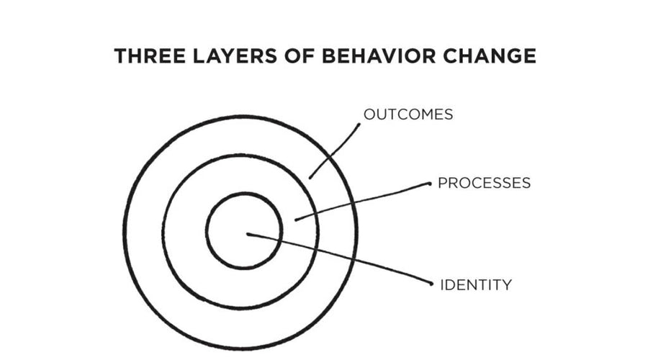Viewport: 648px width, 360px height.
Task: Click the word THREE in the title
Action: pos(148,57)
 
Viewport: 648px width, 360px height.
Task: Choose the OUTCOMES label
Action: pos(408,114)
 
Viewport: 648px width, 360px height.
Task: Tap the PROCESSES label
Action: pos(484,183)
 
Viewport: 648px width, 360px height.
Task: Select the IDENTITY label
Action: pos(476,285)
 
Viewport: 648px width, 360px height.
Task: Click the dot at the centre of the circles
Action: pos(248,234)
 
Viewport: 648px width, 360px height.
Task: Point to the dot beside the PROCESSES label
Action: pos(430,184)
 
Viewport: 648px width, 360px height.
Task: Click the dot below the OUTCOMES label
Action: pos(359,125)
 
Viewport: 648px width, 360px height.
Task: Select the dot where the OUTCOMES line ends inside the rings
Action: pos(310,177)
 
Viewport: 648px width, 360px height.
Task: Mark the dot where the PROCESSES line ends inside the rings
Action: pos(296,219)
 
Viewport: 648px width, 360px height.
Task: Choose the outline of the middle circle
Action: pos(163,230)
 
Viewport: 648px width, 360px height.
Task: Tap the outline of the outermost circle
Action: pos(125,230)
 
